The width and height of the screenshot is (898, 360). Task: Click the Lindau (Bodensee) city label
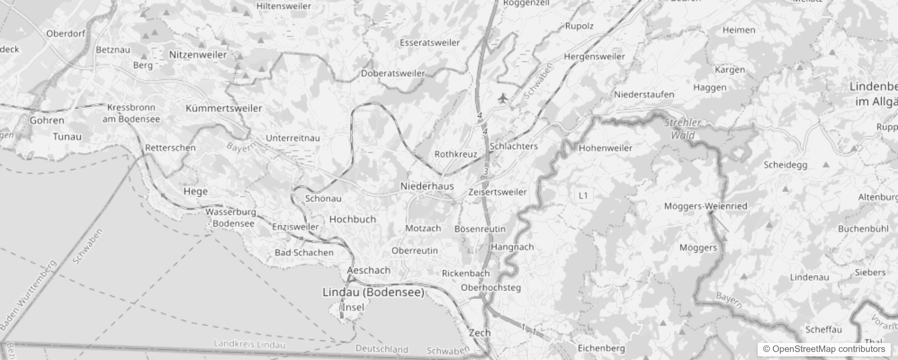pos(373,292)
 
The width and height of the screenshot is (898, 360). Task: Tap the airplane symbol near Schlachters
pos(503,98)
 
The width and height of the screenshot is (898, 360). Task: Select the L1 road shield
pos(583,195)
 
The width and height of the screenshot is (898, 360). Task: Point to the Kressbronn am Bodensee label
pos(131,113)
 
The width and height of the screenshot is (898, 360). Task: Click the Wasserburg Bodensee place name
pos(231,217)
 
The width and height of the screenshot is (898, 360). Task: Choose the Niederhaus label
pos(427,186)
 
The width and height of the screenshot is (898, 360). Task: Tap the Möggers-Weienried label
pos(705,206)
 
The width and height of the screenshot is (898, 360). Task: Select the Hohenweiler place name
pos(605,148)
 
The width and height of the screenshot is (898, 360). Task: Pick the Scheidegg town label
pos(785,165)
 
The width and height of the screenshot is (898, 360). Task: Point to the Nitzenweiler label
pos(198,54)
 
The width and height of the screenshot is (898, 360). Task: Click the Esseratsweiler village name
pos(430,43)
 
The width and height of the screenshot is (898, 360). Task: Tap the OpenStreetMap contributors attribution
pos(824,349)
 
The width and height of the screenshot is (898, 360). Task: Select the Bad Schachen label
pos(304,252)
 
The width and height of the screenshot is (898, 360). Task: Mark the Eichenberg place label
pos(601,348)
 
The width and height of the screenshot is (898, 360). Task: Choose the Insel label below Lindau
pos(353,307)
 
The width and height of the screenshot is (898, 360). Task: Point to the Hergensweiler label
pos(594,57)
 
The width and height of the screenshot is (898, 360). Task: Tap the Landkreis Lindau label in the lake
pos(249,345)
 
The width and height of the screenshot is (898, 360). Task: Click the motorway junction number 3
pos(485,171)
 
